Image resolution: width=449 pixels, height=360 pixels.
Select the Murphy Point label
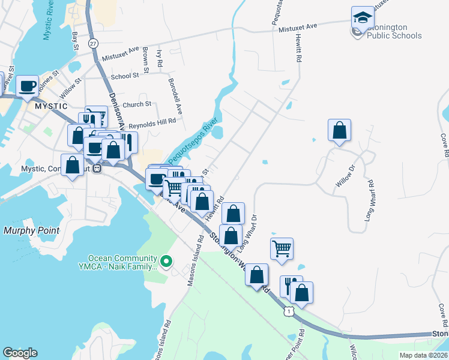point(32,230)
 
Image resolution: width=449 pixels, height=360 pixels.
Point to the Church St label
point(137,104)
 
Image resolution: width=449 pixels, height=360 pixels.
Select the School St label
point(125,76)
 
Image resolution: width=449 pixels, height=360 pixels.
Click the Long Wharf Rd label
point(370,206)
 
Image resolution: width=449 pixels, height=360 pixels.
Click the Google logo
point(20,353)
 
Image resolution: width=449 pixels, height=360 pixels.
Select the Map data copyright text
point(423,355)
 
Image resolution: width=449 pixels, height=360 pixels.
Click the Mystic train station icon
point(96,169)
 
